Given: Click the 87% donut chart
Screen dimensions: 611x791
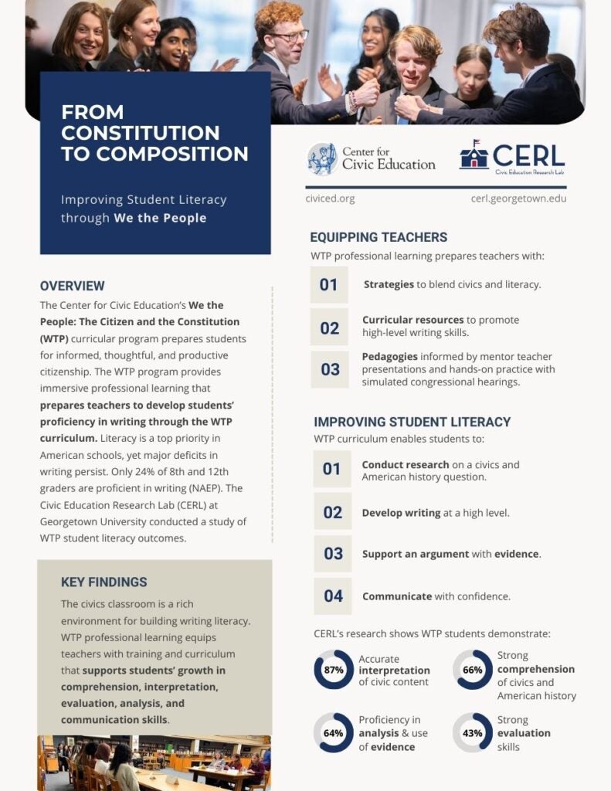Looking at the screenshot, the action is click(334, 670).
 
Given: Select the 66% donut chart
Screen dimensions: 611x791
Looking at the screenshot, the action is click(472, 670).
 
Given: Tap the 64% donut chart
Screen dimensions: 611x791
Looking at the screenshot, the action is click(334, 733).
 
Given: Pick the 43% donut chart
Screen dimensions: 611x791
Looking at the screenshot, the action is click(472, 733).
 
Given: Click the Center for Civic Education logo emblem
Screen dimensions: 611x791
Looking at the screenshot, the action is click(321, 158).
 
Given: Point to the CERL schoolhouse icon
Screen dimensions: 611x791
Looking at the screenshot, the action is click(474, 155).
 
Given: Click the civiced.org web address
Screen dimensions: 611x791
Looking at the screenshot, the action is click(330, 199).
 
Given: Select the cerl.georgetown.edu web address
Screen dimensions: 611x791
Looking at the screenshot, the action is click(518, 199).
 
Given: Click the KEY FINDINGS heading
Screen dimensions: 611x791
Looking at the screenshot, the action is click(104, 582).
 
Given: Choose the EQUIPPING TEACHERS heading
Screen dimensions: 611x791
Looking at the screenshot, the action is click(378, 237).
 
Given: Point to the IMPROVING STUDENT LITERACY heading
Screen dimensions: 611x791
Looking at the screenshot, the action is click(412, 422).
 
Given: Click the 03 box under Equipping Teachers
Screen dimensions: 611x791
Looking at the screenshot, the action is click(330, 369).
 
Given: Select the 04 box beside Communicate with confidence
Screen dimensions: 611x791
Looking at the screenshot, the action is click(332, 596).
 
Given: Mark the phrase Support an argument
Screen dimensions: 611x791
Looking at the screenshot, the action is click(405, 554).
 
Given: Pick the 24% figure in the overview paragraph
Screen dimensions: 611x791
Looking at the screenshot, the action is click(171, 471).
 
